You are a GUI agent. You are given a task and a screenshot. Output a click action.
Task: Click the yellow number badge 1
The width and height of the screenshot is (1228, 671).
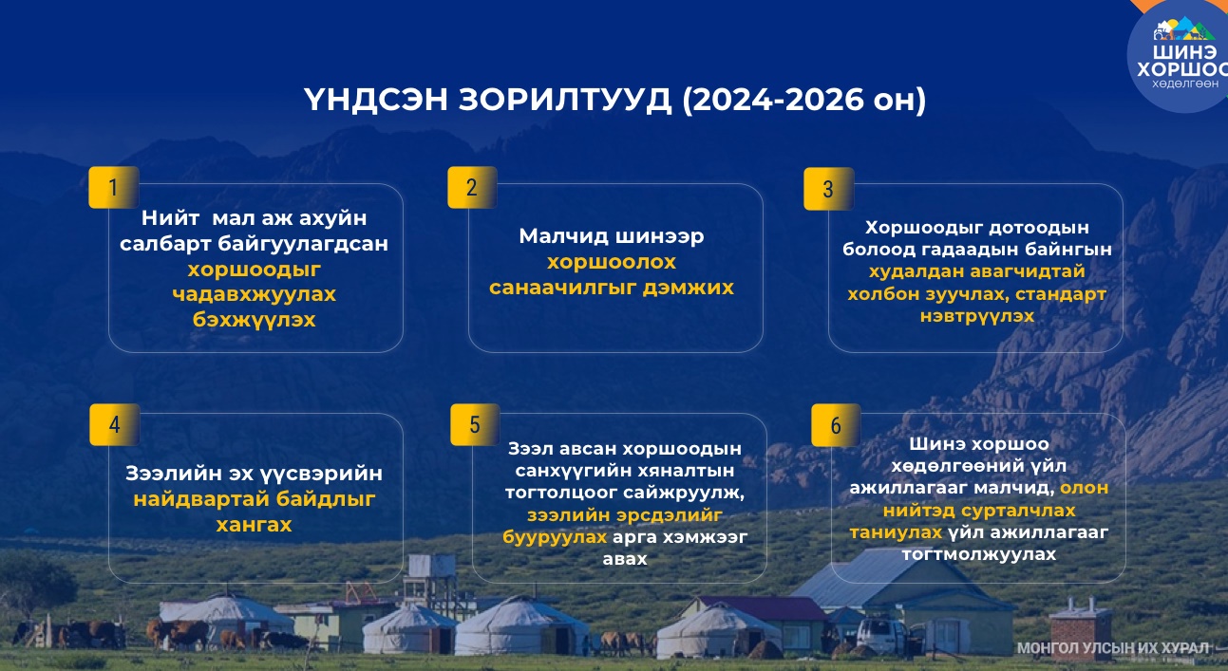tap(113, 187)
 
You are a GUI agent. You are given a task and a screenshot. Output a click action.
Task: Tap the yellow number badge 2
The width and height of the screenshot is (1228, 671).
tap(472, 187)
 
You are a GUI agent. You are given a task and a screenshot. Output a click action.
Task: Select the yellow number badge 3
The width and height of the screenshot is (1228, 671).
tap(828, 189)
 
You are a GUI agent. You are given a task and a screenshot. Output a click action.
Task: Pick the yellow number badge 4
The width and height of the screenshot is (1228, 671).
tap(115, 424)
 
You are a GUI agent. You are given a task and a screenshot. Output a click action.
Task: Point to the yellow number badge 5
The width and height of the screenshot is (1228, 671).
tap(475, 424)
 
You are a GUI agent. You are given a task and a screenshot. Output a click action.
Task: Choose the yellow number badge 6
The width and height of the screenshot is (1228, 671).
tap(836, 425)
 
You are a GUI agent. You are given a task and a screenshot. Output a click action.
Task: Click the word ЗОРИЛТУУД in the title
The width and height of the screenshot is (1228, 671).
tap(565, 100)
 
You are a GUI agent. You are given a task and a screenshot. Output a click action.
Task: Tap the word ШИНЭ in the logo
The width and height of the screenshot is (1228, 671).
tap(1184, 52)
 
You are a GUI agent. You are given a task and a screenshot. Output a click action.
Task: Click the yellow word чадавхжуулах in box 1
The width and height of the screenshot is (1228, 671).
tap(254, 294)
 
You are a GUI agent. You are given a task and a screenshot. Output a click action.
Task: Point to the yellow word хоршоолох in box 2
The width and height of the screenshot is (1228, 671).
tap(612, 262)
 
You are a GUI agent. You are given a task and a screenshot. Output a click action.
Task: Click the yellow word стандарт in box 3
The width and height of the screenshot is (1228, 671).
tap(1061, 294)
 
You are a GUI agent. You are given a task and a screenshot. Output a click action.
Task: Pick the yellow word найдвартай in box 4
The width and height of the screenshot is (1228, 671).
tap(200, 499)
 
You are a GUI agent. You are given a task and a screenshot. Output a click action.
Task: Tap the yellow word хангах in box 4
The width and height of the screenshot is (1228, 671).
tap(254, 525)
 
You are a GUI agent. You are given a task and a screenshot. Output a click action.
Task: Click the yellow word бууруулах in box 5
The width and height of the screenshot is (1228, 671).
tap(555, 537)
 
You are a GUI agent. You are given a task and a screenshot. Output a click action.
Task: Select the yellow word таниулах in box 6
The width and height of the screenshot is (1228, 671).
tap(896, 531)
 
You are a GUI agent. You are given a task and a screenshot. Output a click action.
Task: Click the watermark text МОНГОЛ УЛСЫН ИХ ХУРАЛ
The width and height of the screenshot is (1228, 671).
tap(1113, 648)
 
